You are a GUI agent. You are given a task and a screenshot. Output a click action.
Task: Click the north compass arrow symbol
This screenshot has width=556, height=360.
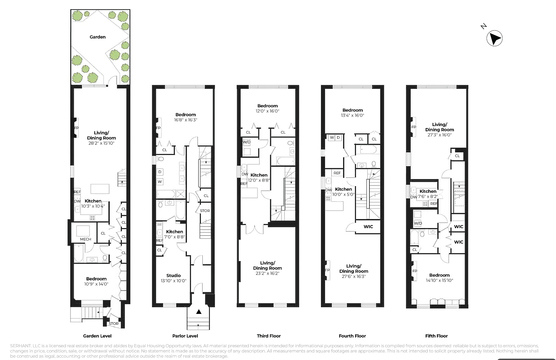(x=495, y=38)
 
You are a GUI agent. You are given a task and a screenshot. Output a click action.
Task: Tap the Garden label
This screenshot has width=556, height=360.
(x=97, y=37)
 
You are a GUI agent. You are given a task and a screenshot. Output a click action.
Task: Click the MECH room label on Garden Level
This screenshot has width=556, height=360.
(x=86, y=239)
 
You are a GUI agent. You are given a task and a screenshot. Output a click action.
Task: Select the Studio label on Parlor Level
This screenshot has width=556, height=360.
(x=174, y=275)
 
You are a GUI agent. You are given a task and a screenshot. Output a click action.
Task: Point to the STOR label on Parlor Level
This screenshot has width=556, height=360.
(x=205, y=211)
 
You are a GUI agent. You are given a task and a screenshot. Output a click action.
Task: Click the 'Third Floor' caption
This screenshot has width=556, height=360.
(x=269, y=336)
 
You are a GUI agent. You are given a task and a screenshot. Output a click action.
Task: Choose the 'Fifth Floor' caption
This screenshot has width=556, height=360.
(x=436, y=336)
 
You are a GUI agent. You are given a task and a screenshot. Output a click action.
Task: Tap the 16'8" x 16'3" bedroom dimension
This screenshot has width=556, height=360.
(x=185, y=120)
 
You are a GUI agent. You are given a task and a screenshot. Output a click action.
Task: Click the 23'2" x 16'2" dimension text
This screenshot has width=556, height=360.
(x=267, y=273)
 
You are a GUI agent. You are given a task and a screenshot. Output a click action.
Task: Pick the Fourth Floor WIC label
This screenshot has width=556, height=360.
(x=368, y=226)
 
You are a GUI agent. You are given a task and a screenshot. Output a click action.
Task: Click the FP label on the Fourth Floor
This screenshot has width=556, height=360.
(x=327, y=270)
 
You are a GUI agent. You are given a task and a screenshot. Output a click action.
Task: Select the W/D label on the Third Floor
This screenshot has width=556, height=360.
(x=247, y=142)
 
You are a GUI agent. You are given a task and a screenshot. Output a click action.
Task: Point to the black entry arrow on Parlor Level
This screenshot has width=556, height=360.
(x=199, y=312)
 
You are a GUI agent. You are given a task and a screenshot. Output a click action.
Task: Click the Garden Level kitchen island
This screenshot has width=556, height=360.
(x=100, y=189)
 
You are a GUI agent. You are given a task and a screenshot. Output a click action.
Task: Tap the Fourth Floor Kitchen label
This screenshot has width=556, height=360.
(x=343, y=189)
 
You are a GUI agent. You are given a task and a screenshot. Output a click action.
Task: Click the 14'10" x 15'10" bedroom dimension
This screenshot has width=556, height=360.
(x=439, y=280)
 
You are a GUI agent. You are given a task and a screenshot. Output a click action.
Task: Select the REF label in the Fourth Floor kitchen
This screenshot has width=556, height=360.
(x=337, y=173)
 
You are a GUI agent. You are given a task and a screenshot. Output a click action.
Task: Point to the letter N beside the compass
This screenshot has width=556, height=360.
(x=484, y=26)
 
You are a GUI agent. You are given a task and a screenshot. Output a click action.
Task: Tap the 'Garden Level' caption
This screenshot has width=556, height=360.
(x=97, y=336)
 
